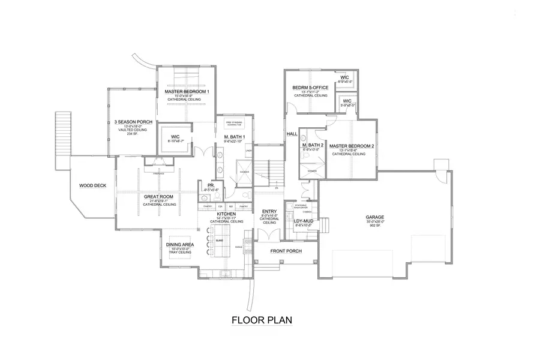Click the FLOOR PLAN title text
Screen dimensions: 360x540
(262, 320)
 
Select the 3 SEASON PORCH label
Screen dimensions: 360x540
(133, 122)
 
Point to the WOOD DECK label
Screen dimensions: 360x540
(92, 185)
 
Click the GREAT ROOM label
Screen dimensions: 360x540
(159, 196)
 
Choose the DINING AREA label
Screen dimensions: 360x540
(180, 245)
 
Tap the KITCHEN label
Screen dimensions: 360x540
(226, 214)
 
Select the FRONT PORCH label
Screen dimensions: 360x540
(286, 251)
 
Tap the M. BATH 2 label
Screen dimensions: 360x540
(313, 146)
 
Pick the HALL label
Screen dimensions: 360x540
(292, 133)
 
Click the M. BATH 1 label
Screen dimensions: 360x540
(235, 137)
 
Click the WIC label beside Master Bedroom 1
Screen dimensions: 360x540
(176, 136)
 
